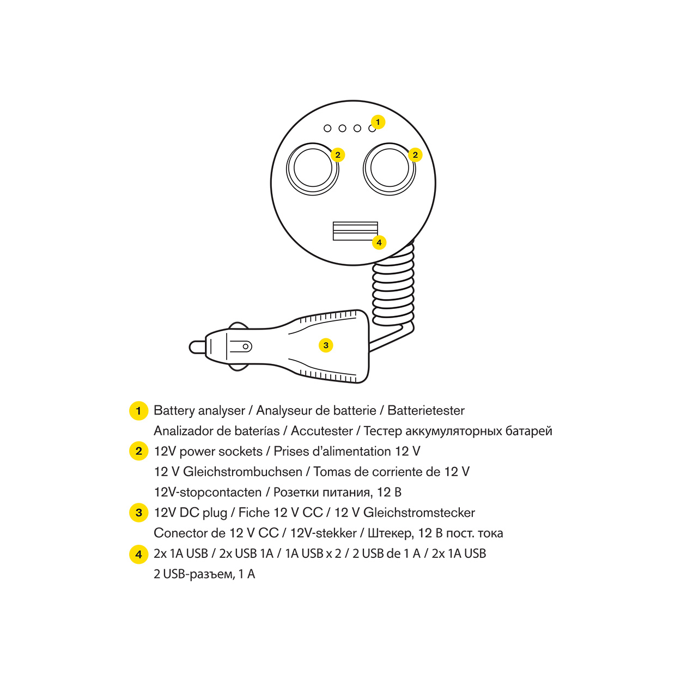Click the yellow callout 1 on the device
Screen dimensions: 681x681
(378, 122)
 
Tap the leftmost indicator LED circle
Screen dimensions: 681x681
(327, 128)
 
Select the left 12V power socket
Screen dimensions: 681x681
(312, 168)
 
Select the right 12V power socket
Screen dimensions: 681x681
(389, 168)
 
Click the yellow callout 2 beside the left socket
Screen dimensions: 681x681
(338, 155)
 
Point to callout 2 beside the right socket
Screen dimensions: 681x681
(415, 155)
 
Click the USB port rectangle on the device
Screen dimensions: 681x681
(355, 231)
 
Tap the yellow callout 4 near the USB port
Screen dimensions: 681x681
(379, 242)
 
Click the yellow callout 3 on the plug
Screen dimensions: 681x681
(326, 345)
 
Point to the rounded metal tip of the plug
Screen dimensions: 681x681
(197, 347)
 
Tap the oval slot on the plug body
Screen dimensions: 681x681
(241, 346)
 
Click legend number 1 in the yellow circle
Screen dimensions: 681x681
(138, 411)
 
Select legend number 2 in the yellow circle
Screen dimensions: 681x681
(138, 451)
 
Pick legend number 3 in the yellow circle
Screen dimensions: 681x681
(138, 513)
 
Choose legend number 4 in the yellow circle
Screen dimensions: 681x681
(138, 554)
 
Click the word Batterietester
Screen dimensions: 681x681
(426, 410)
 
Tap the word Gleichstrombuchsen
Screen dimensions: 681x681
(242, 471)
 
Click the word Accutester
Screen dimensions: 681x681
(321, 431)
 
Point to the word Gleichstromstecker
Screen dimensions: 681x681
(419, 513)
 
